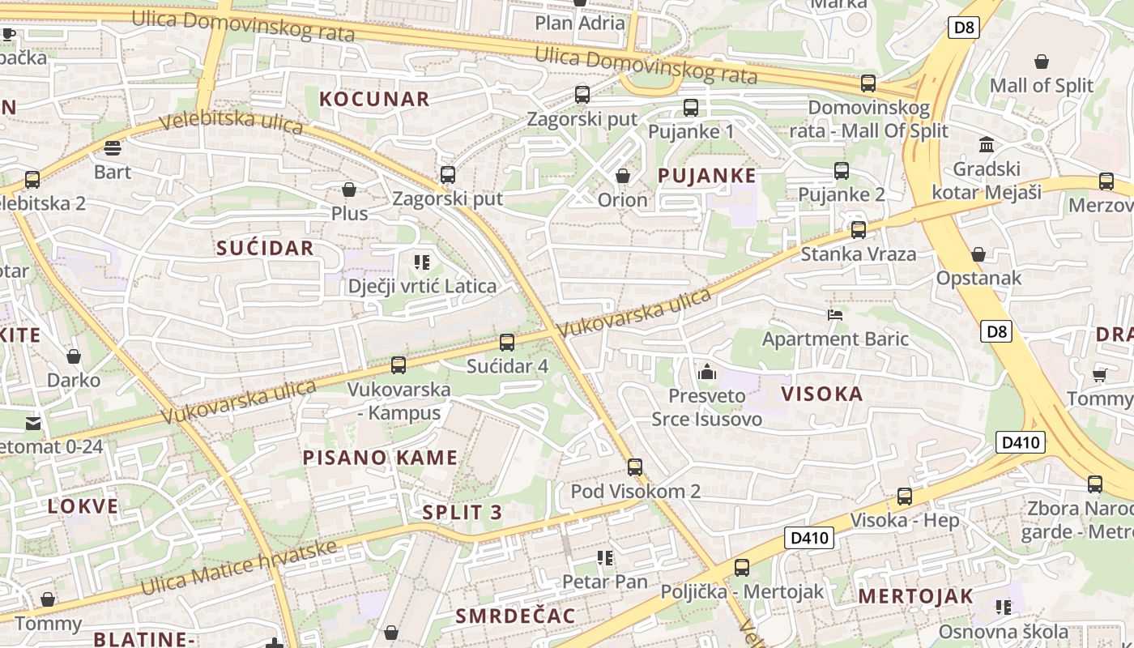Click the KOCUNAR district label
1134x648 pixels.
click(x=374, y=100)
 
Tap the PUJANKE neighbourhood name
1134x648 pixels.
click(x=707, y=176)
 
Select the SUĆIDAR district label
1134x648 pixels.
click(x=265, y=248)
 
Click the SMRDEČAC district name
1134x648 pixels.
click(x=515, y=616)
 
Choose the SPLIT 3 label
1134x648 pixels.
click(x=463, y=512)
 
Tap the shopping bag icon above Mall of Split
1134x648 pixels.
click(x=1042, y=62)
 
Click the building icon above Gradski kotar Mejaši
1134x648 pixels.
click(x=987, y=145)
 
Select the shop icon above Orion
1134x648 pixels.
click(x=623, y=176)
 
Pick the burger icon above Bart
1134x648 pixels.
click(x=113, y=147)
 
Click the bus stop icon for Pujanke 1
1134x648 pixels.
click(x=691, y=107)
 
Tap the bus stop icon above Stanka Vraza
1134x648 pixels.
click(x=859, y=230)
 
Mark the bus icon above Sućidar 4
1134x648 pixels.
click(x=507, y=343)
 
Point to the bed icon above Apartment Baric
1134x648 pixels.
click(x=835, y=314)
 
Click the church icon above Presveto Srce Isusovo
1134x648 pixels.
click(x=707, y=373)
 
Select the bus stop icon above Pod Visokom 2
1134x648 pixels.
click(x=635, y=467)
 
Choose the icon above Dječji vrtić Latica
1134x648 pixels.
click(x=422, y=262)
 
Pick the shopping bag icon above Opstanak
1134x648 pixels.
click(x=978, y=254)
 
